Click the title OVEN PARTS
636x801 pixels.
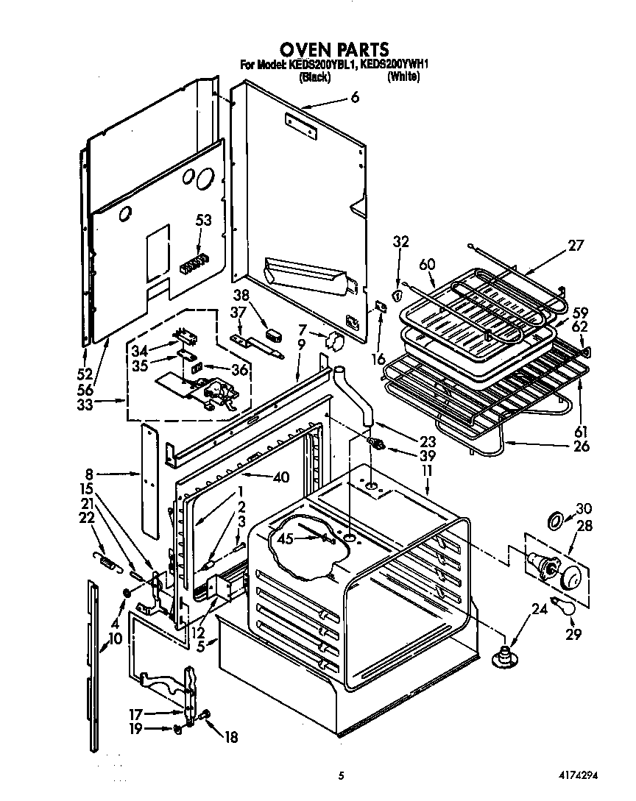pos(333,49)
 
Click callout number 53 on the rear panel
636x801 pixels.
pos(203,219)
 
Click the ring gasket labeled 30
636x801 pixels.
pos(556,521)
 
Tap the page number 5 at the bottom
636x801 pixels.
pos(341,775)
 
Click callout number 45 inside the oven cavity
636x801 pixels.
pos(283,538)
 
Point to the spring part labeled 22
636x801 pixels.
pos(107,564)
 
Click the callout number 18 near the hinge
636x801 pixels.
pos(230,737)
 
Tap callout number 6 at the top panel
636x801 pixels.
pos(355,97)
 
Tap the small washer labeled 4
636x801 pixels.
pos(127,592)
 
